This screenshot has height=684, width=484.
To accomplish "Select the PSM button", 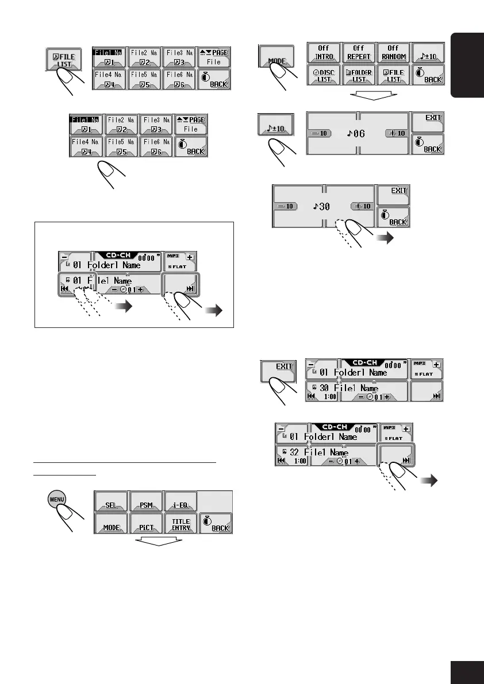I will (x=146, y=505).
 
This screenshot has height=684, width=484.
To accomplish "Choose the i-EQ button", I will (x=180, y=505).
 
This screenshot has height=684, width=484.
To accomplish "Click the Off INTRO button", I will (x=323, y=53).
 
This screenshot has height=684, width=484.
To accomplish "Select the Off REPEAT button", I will (x=359, y=53).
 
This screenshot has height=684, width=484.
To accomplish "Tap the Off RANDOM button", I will (x=394, y=53).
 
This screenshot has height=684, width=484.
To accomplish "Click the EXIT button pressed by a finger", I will (x=278, y=368).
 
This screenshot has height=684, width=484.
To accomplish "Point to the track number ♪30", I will (x=322, y=206).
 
